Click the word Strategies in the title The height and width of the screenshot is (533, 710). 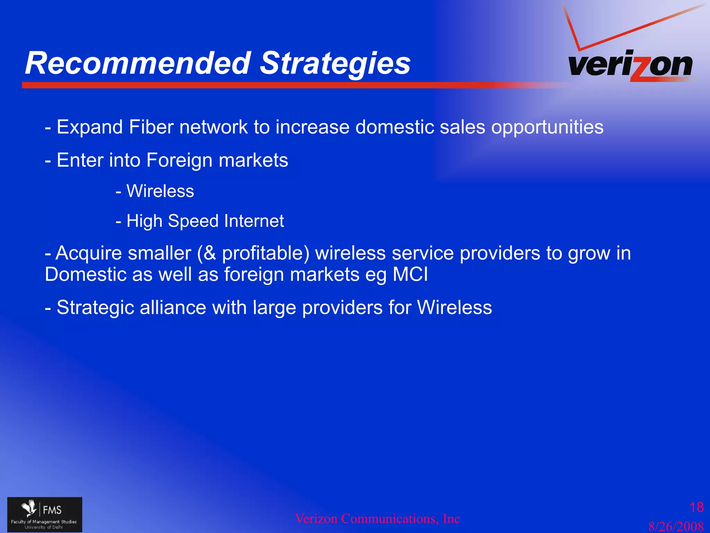(x=335, y=63)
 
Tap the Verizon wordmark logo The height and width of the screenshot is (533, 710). (x=630, y=65)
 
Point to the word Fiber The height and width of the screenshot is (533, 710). (x=151, y=127)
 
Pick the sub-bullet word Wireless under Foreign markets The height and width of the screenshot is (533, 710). (x=160, y=191)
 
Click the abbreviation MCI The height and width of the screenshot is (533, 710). (x=410, y=274)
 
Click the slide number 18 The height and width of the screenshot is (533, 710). (x=696, y=507)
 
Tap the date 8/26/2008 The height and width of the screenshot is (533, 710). (x=676, y=526)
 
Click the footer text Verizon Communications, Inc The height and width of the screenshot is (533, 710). (x=377, y=519)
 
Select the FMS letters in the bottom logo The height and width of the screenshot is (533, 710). (x=52, y=510)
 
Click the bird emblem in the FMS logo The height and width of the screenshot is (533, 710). (x=29, y=508)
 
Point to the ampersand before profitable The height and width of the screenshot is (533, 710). (x=210, y=253)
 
